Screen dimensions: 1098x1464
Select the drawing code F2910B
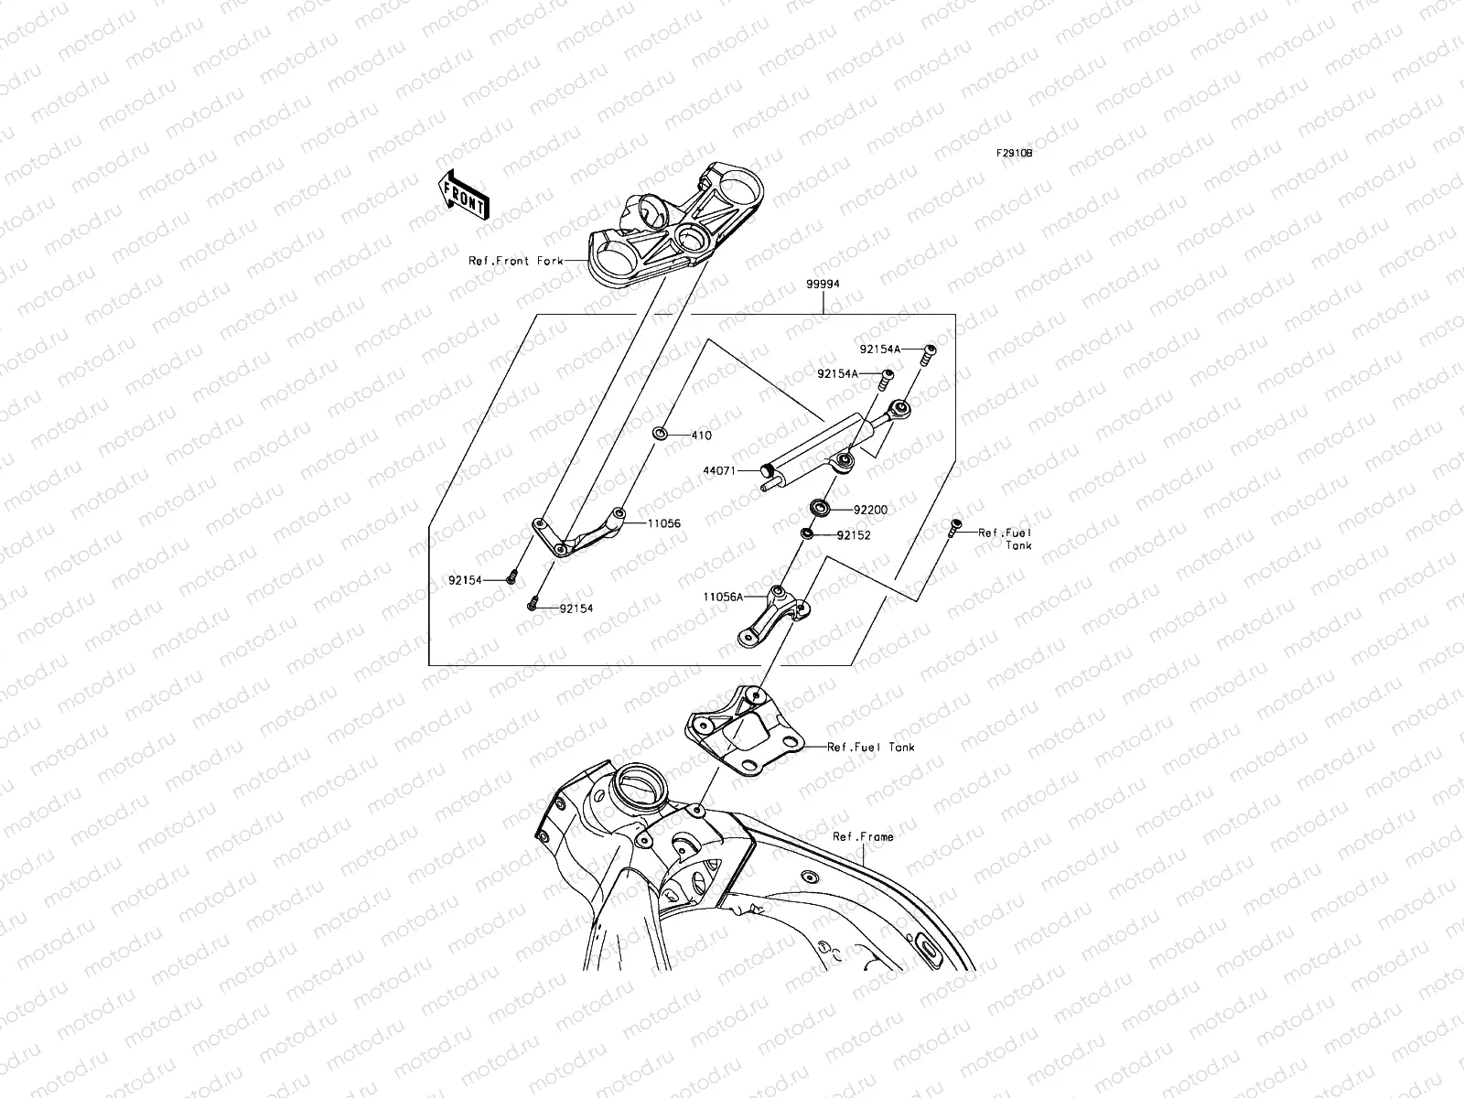coord(1014,155)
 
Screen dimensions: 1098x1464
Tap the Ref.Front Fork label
coord(516,261)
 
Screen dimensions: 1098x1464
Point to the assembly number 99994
coord(823,285)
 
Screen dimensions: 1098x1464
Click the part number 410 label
coord(701,436)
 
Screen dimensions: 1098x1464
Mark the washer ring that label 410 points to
coord(660,432)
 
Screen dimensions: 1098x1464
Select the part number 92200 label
coord(870,510)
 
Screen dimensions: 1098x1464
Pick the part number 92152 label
coord(853,535)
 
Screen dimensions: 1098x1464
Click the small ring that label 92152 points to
coord(807,533)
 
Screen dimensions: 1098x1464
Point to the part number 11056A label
coord(723,597)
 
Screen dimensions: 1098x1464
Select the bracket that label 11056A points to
coord(771,619)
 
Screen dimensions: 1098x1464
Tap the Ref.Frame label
coord(863,836)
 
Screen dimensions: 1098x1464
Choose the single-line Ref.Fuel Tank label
coord(870,748)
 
